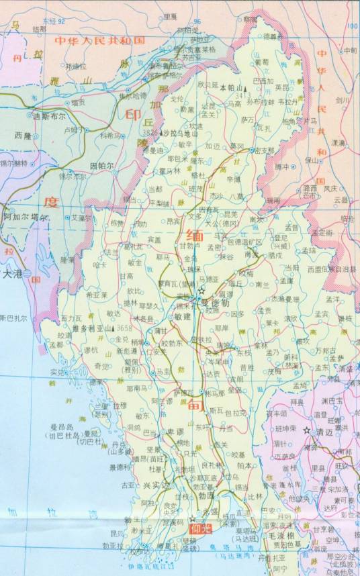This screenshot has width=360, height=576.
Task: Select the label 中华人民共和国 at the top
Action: pyautogui.click(x=91, y=40)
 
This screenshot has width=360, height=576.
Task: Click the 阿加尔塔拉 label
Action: pyautogui.click(x=26, y=218)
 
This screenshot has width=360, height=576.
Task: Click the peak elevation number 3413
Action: pyautogui.click(x=243, y=95)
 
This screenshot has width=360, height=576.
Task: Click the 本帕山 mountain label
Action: pyautogui.click(x=230, y=87)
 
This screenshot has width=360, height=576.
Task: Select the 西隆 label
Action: pyautogui.click(x=23, y=135)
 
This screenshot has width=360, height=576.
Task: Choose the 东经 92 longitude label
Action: pyautogui.click(x=52, y=21)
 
